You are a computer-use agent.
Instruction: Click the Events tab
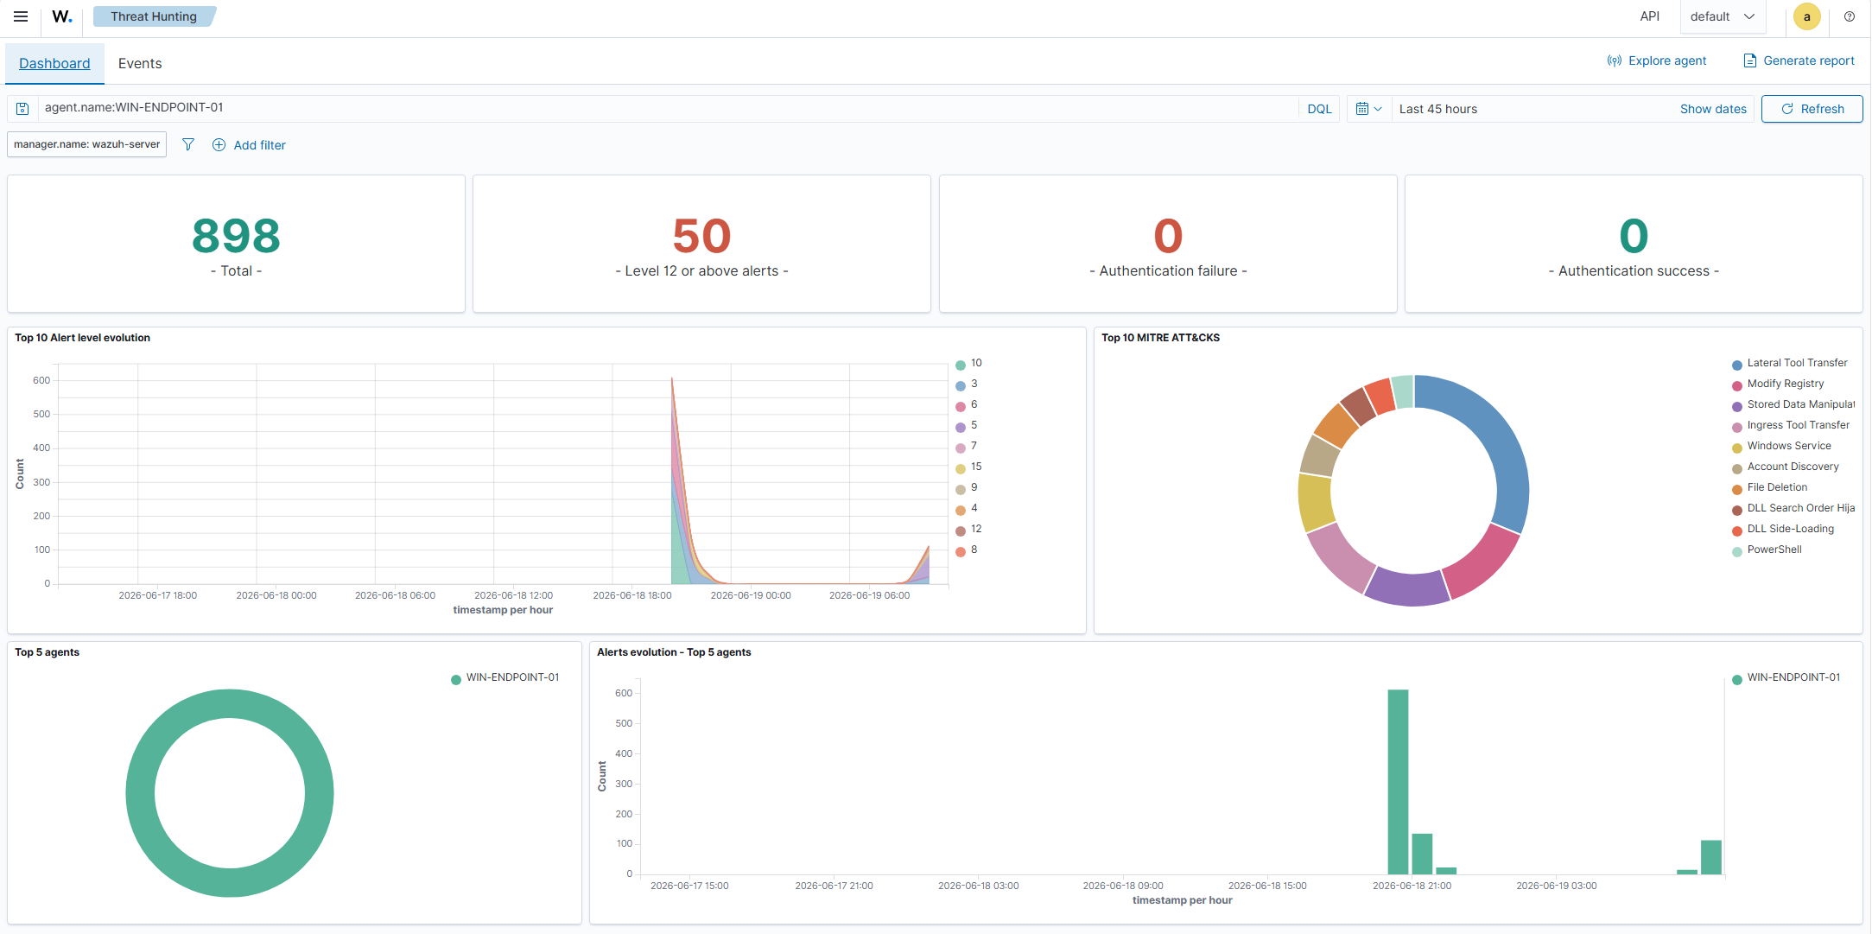pyautogui.click(x=140, y=63)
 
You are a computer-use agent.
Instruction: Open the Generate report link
pyautogui.click(x=1799, y=60)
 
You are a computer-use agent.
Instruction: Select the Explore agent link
pyautogui.click(x=1656, y=60)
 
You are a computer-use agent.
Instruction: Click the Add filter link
pyautogui.click(x=249, y=145)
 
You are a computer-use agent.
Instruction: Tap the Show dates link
pyautogui.click(x=1713, y=109)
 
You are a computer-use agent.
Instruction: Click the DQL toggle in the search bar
pyautogui.click(x=1319, y=109)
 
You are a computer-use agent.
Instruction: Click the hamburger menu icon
pyautogui.click(x=21, y=16)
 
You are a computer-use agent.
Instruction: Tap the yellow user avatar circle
pyautogui.click(x=1806, y=16)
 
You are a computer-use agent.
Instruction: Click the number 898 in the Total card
pyautogui.click(x=236, y=236)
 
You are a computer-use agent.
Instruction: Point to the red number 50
pyautogui.click(x=701, y=236)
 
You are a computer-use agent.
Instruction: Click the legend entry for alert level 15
pyautogui.click(x=968, y=467)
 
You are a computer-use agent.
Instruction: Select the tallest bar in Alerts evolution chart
pyautogui.click(x=1398, y=782)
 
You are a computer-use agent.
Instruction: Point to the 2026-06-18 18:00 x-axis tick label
pyautogui.click(x=631, y=595)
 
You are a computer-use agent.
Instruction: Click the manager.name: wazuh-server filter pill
pyautogui.click(x=86, y=144)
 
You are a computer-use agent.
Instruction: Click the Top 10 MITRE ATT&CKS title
pyautogui.click(x=1160, y=338)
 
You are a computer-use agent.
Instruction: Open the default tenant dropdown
pyautogui.click(x=1723, y=16)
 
